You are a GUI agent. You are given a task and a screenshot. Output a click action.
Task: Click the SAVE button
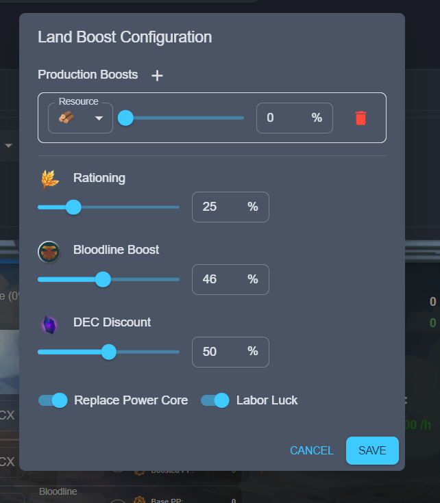coord(372,450)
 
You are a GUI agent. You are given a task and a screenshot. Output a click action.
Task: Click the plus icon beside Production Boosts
coord(157,76)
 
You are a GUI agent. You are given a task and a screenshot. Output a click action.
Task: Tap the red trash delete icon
coord(360,118)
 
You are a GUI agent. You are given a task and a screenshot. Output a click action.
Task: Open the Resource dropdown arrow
coord(99,118)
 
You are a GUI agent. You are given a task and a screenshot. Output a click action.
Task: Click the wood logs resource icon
coord(66,118)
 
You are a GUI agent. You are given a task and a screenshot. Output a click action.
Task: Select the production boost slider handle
coord(125,118)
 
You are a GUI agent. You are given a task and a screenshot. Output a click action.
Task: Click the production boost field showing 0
coord(281,118)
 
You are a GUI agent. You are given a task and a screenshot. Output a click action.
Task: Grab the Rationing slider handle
coord(73,207)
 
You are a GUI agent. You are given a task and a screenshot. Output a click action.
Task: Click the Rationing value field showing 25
coord(217,207)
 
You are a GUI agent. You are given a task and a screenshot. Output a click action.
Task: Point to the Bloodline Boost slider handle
coord(103,279)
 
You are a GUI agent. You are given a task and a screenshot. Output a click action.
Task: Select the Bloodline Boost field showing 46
coord(217,279)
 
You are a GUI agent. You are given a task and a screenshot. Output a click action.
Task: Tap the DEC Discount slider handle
coord(108,352)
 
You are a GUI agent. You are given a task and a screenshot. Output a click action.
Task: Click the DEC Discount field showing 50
coord(217,352)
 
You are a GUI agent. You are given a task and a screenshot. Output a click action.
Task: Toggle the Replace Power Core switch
coord(53,400)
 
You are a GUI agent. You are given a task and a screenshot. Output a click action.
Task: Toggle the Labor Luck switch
coord(215,400)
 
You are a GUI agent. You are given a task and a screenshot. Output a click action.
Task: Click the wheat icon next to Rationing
coord(50,179)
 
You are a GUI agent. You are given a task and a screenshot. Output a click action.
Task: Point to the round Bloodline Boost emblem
coord(49,251)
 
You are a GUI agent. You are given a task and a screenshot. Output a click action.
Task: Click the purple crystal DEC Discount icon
coord(49,324)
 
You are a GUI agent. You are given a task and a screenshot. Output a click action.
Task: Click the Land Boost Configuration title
coord(125,37)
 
